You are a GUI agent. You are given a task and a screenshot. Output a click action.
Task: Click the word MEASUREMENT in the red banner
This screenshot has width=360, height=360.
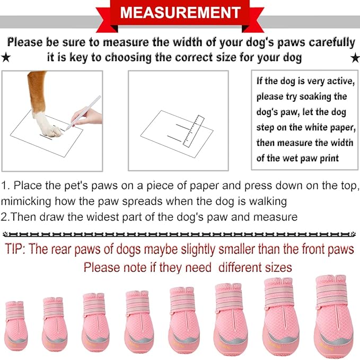coord(180,12)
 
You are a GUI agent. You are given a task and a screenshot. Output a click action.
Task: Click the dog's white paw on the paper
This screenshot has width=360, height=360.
coord(47,122)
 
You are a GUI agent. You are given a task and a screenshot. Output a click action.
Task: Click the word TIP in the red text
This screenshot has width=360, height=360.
coord(17,250)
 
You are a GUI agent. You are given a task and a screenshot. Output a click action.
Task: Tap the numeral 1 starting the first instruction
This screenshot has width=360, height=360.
coord(4,186)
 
